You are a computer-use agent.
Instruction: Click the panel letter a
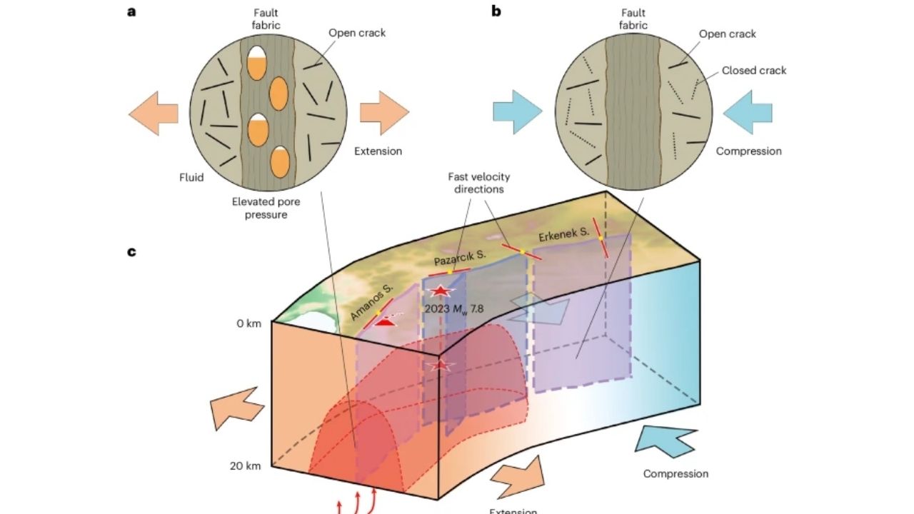click(x=131, y=11)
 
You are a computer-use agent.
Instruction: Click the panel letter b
click(x=496, y=11)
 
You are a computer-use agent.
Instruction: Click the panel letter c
click(x=131, y=252)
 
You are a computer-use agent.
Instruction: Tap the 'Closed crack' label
click(x=753, y=71)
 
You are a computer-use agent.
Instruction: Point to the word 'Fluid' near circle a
click(x=191, y=178)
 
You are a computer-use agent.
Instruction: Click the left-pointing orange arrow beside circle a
click(x=153, y=113)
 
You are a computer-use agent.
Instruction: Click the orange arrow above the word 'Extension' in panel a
click(x=384, y=113)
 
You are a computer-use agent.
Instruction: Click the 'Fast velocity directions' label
click(x=479, y=183)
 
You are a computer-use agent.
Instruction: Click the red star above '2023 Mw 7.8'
click(x=441, y=291)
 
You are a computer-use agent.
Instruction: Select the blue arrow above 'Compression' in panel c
click(x=666, y=440)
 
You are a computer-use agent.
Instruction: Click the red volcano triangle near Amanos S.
click(x=386, y=322)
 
